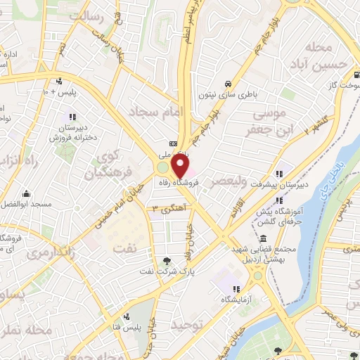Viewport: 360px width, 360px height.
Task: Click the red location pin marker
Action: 181,167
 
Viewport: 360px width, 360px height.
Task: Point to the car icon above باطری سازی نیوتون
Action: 228,81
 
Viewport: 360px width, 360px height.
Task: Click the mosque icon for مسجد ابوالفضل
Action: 26,193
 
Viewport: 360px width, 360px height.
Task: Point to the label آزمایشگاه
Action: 237,300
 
